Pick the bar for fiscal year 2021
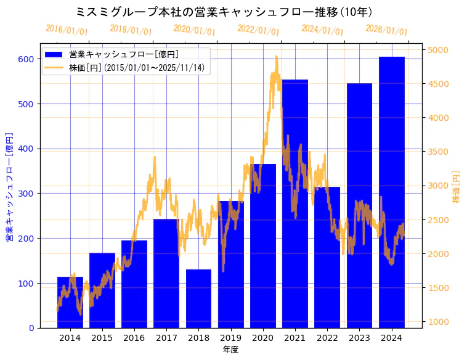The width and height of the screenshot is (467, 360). (295, 203)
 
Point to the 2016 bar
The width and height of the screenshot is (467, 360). (134, 284)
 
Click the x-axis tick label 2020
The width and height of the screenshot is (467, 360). (263, 337)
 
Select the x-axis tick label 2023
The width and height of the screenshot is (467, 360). (359, 337)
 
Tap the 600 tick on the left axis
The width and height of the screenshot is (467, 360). (26, 59)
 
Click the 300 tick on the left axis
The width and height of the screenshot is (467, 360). (26, 194)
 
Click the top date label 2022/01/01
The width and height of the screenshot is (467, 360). (258, 30)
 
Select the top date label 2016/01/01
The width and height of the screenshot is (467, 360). (67, 30)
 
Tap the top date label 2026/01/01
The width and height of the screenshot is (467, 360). (386, 30)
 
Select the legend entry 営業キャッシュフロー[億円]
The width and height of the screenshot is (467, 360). (124, 54)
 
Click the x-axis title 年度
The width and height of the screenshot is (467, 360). (230, 350)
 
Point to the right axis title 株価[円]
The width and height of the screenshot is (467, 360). (457, 187)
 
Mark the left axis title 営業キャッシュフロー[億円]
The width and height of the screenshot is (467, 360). (9, 187)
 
